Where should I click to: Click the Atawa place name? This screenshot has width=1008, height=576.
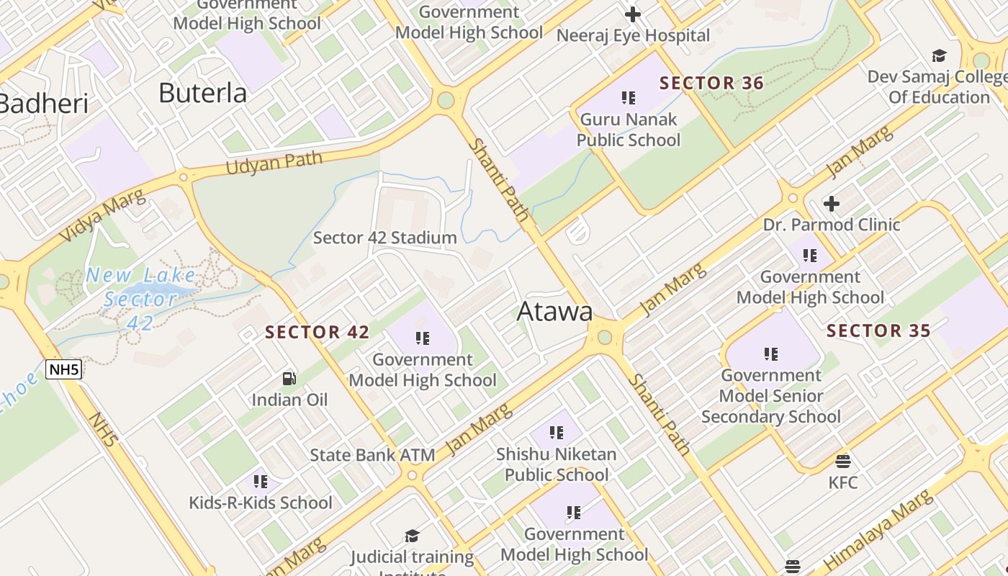pos(555,311)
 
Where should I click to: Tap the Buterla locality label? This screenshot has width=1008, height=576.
pos(202,93)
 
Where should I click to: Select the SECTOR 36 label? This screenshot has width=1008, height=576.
pos(711,83)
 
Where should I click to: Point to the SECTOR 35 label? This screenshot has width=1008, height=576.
pos(878,331)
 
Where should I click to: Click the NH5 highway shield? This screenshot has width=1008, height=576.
pos(63,370)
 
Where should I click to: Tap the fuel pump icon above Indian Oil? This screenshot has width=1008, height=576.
pos(289,379)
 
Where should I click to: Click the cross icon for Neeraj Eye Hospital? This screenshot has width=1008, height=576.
pos(633,14)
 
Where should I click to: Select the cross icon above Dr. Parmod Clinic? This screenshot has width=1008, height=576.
pos(832,204)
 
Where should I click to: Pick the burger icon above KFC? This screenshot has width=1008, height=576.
pos(843,461)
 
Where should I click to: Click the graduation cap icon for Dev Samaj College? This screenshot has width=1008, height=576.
pos(939,56)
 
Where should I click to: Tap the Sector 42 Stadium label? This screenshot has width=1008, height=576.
pos(385,238)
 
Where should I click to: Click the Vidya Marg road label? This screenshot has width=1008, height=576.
pos(102,215)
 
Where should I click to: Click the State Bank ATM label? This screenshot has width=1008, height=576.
pos(372,455)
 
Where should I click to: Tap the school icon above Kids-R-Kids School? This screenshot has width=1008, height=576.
pos(261,481)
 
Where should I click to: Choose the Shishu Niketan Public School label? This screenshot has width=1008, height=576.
pos(557,464)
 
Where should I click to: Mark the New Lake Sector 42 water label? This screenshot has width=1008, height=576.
pos(140,298)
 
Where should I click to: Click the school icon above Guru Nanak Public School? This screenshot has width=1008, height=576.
pos(629,97)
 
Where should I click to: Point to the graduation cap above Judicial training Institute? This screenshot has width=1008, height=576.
pos(412,536)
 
